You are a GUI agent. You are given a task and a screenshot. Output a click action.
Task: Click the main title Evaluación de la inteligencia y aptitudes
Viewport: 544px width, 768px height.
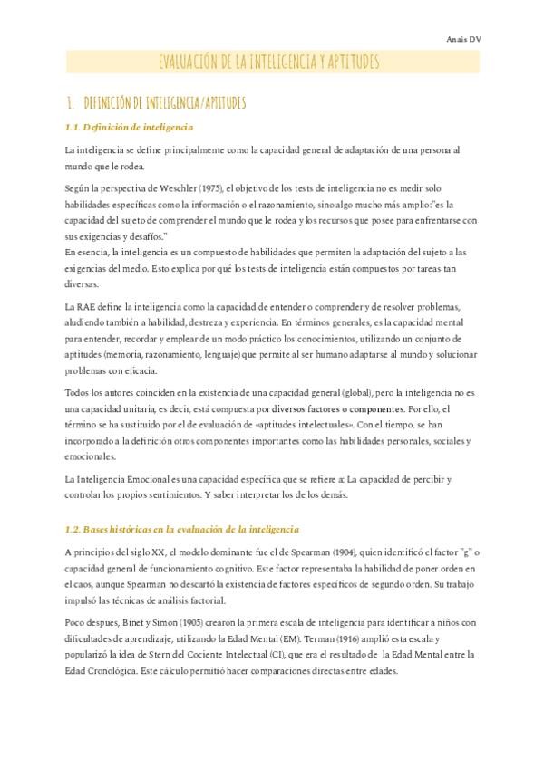click(x=268, y=62)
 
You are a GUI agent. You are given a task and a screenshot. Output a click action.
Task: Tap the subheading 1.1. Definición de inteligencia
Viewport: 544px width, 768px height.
click(x=129, y=126)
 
